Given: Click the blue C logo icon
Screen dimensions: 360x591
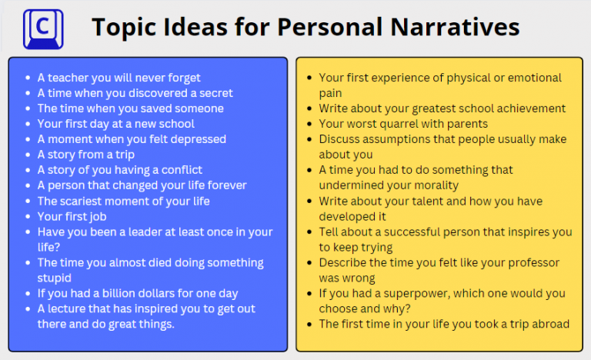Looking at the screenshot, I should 43,28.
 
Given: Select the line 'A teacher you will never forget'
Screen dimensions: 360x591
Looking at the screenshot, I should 119,78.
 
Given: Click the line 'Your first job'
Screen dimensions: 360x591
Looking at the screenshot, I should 72,216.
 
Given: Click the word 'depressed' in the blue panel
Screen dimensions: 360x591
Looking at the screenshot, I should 196,139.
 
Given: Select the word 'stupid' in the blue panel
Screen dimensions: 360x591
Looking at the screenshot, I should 55,278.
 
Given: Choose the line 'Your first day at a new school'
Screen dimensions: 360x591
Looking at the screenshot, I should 116,124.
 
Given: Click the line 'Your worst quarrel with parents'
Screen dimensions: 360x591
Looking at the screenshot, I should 403,124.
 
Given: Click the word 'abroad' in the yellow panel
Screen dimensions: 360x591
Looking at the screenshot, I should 549,324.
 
